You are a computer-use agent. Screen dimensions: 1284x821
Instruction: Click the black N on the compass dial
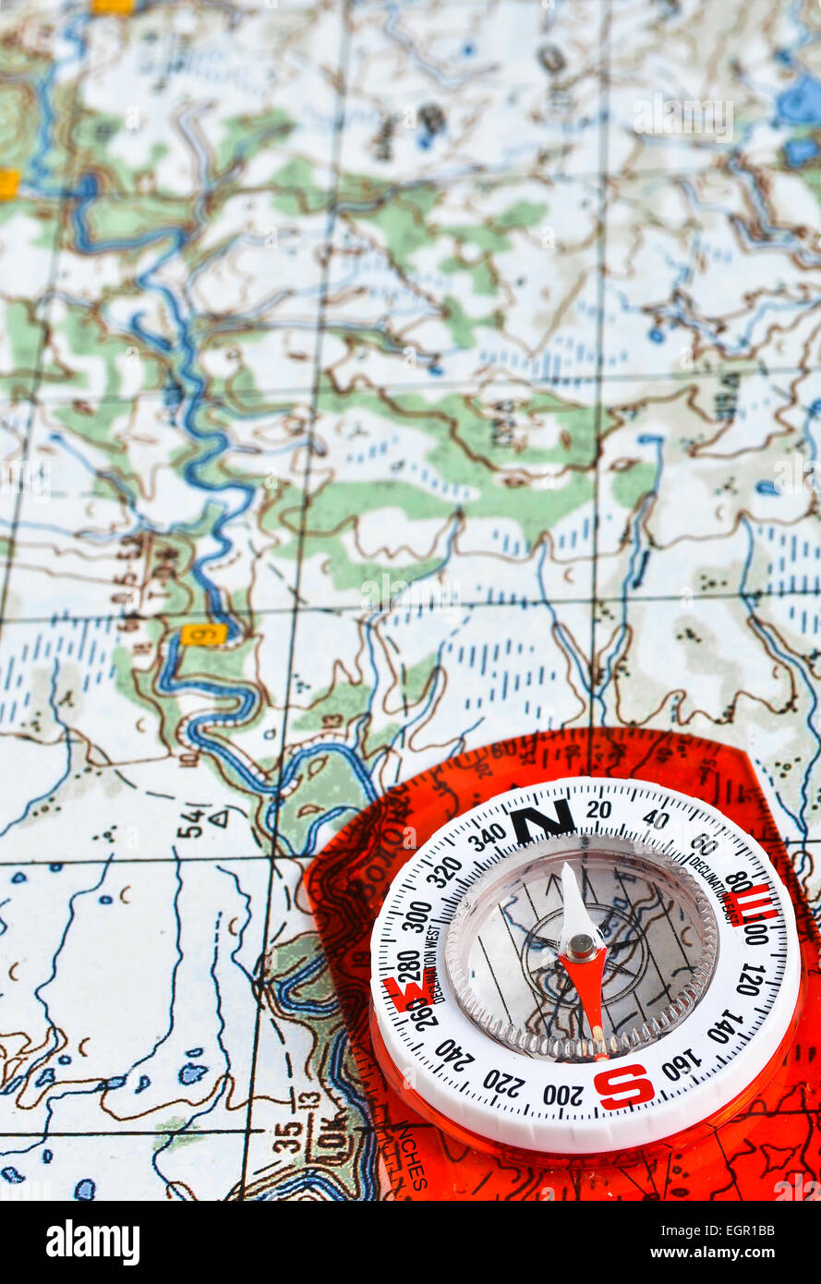pos(541,819)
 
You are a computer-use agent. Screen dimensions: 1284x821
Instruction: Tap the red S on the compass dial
pos(624,1085)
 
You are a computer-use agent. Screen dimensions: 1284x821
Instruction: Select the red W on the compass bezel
pos(404,992)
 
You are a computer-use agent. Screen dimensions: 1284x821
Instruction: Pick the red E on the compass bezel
pos(750,902)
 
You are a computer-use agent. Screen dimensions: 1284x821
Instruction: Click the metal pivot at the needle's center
pos(581,945)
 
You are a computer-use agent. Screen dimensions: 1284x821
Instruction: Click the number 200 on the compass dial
pos(562,1095)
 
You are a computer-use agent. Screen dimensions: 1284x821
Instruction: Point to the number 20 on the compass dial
pos(598,809)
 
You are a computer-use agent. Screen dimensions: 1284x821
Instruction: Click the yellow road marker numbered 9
pos(203,634)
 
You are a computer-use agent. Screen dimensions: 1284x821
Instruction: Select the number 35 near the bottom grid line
pos(288,1135)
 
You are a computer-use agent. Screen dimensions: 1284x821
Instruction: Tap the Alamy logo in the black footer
pos(92,1242)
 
